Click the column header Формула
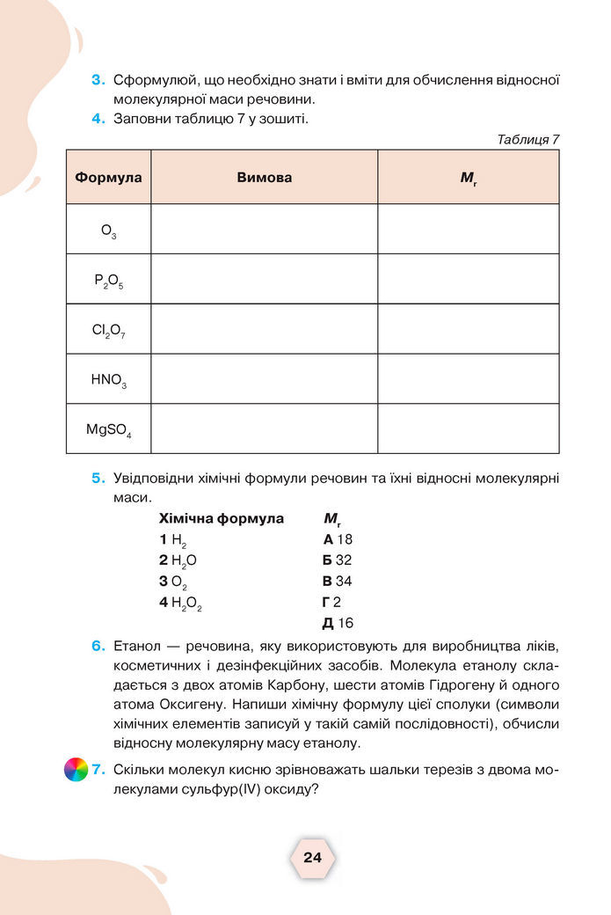tap(108, 178)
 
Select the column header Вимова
tap(264, 178)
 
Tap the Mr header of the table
tap(468, 178)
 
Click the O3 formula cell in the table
tap(108, 231)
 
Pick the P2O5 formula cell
tap(108, 281)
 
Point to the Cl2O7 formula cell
tap(108, 331)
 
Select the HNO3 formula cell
tap(108, 381)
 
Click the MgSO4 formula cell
tap(108, 430)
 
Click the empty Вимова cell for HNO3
tap(264, 379)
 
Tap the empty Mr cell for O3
tap(468, 230)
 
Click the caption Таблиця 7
tap(528, 139)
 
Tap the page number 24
tap(312, 858)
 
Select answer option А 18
tap(338, 539)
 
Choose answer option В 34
tap(338, 582)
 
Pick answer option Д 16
tap(338, 624)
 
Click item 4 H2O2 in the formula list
tap(180, 604)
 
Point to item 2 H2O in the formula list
tap(178, 560)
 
